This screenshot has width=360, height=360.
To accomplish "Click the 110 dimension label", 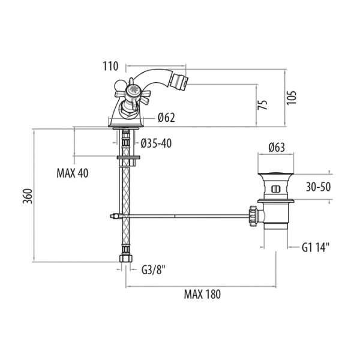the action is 110,66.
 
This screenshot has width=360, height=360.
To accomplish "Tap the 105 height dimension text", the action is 292,98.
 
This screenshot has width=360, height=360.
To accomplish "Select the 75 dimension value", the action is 263,104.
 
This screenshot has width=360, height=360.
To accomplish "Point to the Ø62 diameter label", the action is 166,118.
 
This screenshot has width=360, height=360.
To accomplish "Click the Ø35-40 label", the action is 156,143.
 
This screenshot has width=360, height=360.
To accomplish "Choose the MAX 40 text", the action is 73,173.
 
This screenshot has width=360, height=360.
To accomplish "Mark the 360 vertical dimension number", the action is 28,196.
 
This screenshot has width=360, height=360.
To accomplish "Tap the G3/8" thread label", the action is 154,269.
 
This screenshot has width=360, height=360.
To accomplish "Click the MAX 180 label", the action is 202,294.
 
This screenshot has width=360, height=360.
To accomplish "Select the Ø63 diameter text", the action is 277,148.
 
